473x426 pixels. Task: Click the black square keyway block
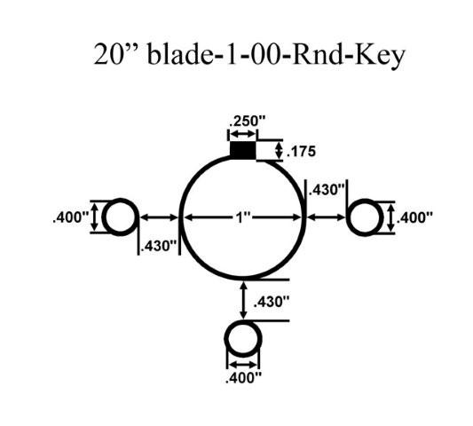pos(243,150)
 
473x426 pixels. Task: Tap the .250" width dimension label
pos(247,122)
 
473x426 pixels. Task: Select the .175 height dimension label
pos(301,151)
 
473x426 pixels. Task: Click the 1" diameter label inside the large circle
pos(243,217)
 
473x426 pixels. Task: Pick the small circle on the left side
pos(104,217)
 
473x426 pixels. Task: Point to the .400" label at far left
pos(71,217)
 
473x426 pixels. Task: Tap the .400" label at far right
pos(414,217)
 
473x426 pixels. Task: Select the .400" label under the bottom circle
pos(243,378)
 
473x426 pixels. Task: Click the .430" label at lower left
pos(158,246)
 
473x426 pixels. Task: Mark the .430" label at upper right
pos(327,190)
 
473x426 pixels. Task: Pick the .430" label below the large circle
pos(272,302)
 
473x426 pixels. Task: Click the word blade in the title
pos(180,55)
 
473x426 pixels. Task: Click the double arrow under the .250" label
pos(243,134)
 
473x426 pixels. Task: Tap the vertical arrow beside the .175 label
pos(280,151)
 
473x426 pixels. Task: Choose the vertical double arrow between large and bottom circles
pos(243,300)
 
